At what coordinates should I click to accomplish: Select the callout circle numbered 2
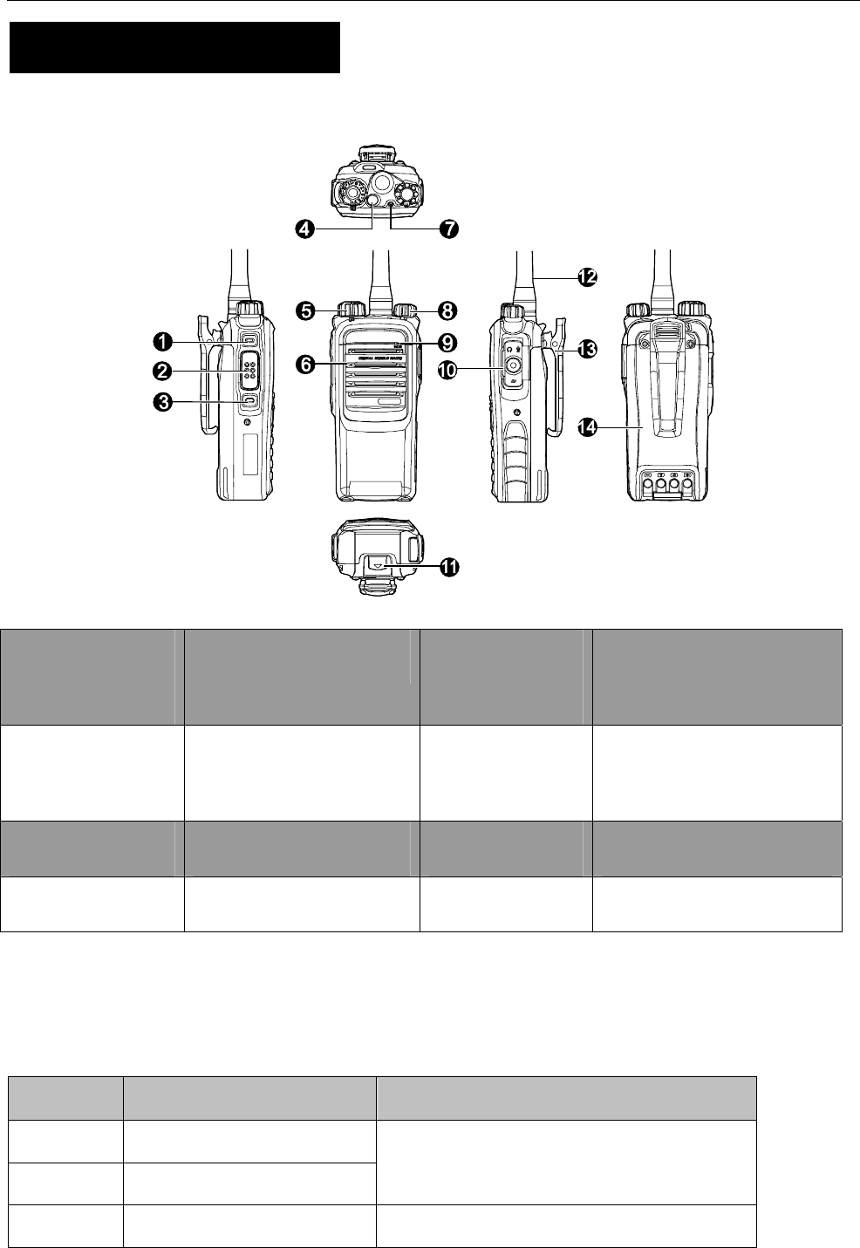point(161,371)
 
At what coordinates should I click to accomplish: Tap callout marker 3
point(161,402)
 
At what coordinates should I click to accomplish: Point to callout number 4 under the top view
point(304,228)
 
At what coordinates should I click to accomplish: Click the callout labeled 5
point(304,309)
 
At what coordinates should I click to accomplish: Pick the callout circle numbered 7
point(448,228)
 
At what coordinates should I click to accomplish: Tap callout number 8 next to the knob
point(447,309)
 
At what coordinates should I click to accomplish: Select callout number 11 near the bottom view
point(448,567)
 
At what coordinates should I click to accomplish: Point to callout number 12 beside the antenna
point(586,277)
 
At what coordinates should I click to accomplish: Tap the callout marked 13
point(586,349)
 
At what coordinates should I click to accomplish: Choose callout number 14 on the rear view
point(588,426)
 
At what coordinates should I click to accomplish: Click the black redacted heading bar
point(174,48)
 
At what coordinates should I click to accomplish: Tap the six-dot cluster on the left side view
point(249,371)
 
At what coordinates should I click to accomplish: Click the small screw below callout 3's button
point(248,423)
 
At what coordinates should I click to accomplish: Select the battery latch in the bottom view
point(378,564)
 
